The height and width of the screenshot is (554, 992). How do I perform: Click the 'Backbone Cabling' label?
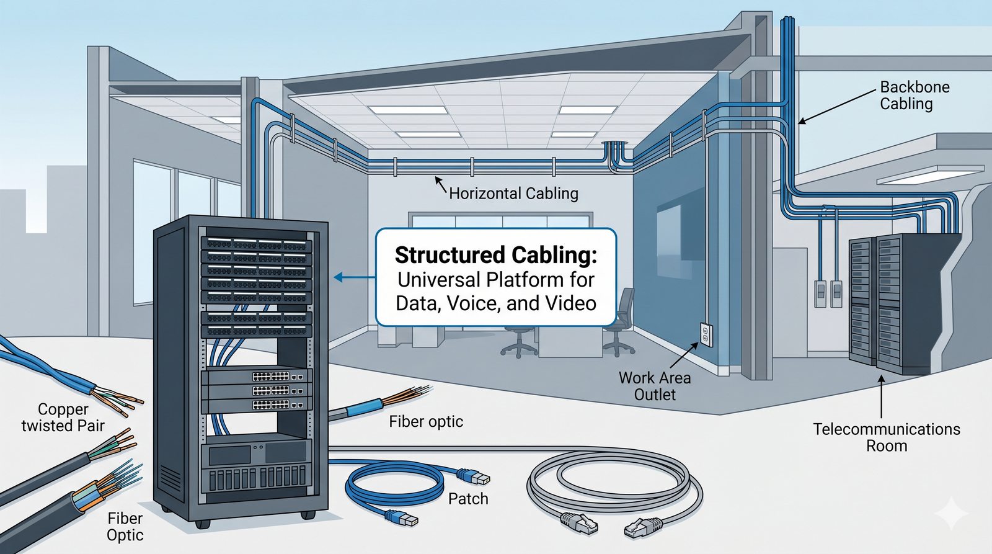[914, 95]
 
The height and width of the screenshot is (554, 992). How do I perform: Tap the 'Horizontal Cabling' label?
[513, 194]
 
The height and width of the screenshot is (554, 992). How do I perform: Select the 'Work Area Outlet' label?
[655, 386]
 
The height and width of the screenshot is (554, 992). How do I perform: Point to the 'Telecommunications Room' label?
[887, 437]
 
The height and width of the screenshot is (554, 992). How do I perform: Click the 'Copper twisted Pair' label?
[63, 418]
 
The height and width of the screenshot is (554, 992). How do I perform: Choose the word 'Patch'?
[468, 499]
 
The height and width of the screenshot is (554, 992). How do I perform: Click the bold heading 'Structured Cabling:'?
[495, 255]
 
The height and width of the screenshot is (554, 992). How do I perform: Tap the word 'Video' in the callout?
[570, 303]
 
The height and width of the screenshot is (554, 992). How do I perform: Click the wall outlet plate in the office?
[706, 334]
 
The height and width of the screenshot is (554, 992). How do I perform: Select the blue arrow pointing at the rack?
[354, 277]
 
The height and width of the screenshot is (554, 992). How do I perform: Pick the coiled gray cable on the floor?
[614, 483]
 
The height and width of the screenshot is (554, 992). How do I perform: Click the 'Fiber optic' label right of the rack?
[426, 422]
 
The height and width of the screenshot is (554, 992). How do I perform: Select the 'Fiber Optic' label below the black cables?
[125, 527]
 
